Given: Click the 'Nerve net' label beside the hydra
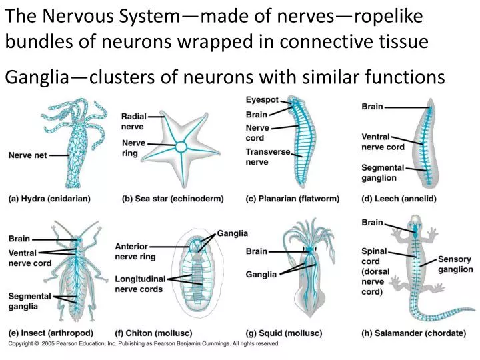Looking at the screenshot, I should (27, 155).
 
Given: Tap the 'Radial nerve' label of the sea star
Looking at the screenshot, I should (133, 122).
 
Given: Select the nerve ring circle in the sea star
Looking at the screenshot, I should (181, 147).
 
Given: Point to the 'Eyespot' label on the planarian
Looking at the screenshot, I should (262, 100).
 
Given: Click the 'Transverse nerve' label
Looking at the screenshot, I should (267, 157).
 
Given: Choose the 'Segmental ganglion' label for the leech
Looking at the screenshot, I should (383, 173).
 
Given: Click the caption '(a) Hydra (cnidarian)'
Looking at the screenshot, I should (49, 199).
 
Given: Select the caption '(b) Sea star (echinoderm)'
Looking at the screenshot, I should (173, 199).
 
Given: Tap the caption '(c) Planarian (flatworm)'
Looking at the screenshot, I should (292, 199).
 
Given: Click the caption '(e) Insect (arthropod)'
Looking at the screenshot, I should (51, 333).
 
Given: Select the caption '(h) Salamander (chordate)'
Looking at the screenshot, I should (406, 333).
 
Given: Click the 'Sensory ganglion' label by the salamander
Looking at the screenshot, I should (455, 265).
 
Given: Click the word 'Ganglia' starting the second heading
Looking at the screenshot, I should (33, 78).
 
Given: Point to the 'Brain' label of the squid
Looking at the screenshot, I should (256, 251).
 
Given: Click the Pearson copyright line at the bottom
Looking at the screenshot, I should (143, 344).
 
